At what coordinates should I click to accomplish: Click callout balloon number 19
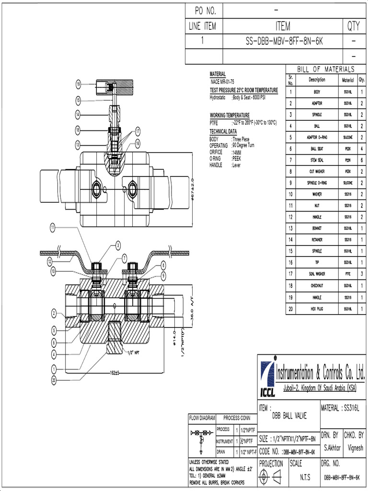click(x=78, y=85)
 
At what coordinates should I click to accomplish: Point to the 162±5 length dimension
click(x=113, y=372)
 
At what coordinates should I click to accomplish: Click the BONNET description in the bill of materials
click(x=317, y=229)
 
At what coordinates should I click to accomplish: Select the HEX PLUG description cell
click(x=317, y=309)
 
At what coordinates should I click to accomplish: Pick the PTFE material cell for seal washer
click(x=348, y=274)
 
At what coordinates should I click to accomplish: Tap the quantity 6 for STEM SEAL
click(x=361, y=160)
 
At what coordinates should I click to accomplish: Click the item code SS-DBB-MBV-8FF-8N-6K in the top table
click(x=284, y=41)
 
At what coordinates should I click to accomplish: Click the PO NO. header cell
click(x=204, y=10)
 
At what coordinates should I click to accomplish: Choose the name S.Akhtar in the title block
click(x=332, y=447)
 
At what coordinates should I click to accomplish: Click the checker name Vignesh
click(x=355, y=447)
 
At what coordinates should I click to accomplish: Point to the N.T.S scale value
click(x=304, y=478)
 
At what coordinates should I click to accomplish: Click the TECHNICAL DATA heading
click(x=223, y=131)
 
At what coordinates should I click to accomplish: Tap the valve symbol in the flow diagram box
click(x=201, y=438)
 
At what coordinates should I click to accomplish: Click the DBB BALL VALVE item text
click(x=289, y=416)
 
